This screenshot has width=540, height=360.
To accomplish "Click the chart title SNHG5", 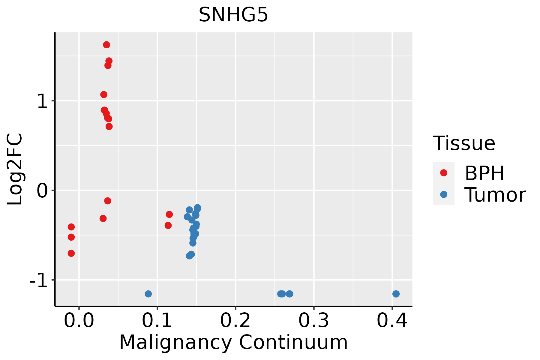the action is click(233, 15).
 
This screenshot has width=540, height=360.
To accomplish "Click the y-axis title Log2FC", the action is click(15, 169).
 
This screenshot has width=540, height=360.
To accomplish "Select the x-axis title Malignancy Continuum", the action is click(233, 343).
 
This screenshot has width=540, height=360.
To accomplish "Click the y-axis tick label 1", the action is click(43, 101).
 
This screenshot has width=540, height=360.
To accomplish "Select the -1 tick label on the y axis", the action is click(39, 280).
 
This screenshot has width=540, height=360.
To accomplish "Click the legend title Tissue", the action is click(464, 143).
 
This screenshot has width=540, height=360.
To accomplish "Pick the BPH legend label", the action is click(484, 173).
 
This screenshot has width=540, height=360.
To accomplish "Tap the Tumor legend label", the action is click(495, 195).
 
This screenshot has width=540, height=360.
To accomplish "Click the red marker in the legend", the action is click(444, 173).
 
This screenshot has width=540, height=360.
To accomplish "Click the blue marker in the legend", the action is click(444, 194).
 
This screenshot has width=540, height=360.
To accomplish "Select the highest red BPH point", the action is click(106, 45).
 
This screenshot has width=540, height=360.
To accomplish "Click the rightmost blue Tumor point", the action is click(396, 294).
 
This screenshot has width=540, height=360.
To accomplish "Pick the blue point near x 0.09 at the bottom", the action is click(148, 294).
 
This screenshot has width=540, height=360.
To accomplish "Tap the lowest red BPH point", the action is click(71, 253).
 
